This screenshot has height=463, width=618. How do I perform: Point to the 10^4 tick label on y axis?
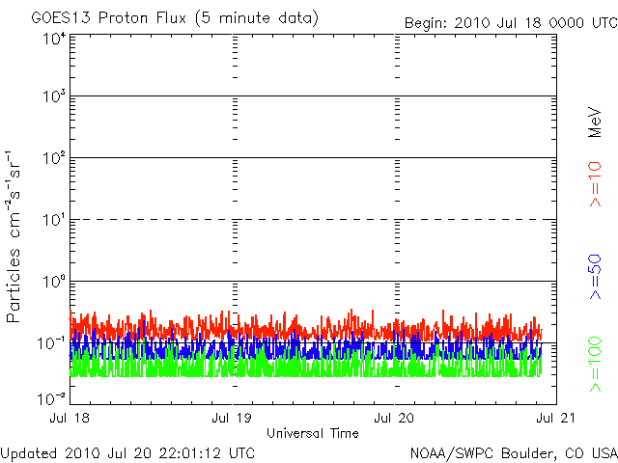coord(53,39)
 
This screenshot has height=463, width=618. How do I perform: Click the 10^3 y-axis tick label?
coord(53,98)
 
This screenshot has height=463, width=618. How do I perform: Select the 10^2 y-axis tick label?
coord(53,160)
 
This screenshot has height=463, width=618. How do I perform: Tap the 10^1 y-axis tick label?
coord(53,222)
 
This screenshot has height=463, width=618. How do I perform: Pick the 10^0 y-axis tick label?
coord(53,284)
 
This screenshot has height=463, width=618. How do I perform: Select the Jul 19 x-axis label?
coord(232,419)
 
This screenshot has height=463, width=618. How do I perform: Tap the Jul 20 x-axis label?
coord(394,419)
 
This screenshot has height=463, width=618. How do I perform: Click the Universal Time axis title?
coord(313,433)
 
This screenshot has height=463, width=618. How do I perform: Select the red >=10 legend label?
coord(595,183)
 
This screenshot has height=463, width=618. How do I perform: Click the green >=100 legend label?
coord(595,364)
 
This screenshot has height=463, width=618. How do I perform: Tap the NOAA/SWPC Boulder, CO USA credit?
coord(513,452)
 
